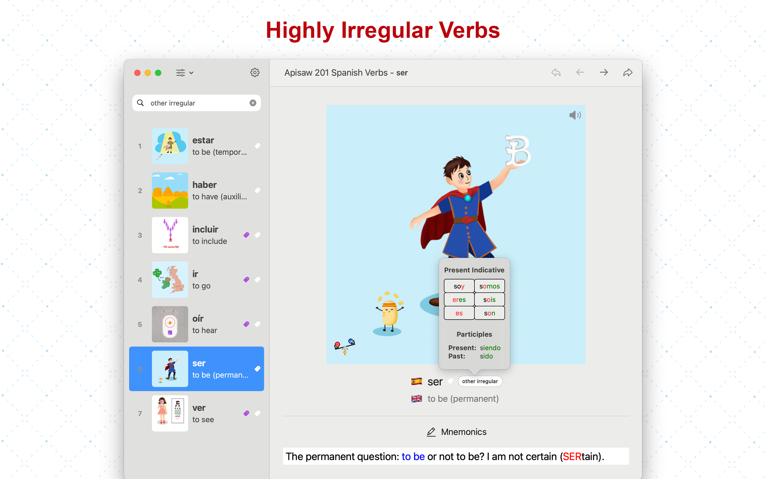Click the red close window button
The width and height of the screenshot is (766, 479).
137,73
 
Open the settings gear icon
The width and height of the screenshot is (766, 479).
255,73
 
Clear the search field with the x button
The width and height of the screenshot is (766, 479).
253,103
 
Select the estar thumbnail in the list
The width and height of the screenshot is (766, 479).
170,146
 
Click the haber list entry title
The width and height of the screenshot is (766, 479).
205,185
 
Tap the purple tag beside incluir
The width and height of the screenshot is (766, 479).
246,235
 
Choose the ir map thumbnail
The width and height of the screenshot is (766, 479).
170,280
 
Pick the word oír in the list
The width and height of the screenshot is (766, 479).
198,318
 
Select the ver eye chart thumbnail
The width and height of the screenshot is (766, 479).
170,414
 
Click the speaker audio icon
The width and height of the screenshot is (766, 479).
575,115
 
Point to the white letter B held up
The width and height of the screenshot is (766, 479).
518,151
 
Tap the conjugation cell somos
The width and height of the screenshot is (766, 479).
489,286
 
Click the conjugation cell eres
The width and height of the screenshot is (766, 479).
459,300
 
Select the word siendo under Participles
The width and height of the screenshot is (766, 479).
490,348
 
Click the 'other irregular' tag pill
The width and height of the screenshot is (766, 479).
480,381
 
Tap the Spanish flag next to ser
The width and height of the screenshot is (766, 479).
417,381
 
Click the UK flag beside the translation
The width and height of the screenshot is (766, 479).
417,399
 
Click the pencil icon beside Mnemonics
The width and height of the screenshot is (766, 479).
431,432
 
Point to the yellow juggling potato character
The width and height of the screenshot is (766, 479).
389,312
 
